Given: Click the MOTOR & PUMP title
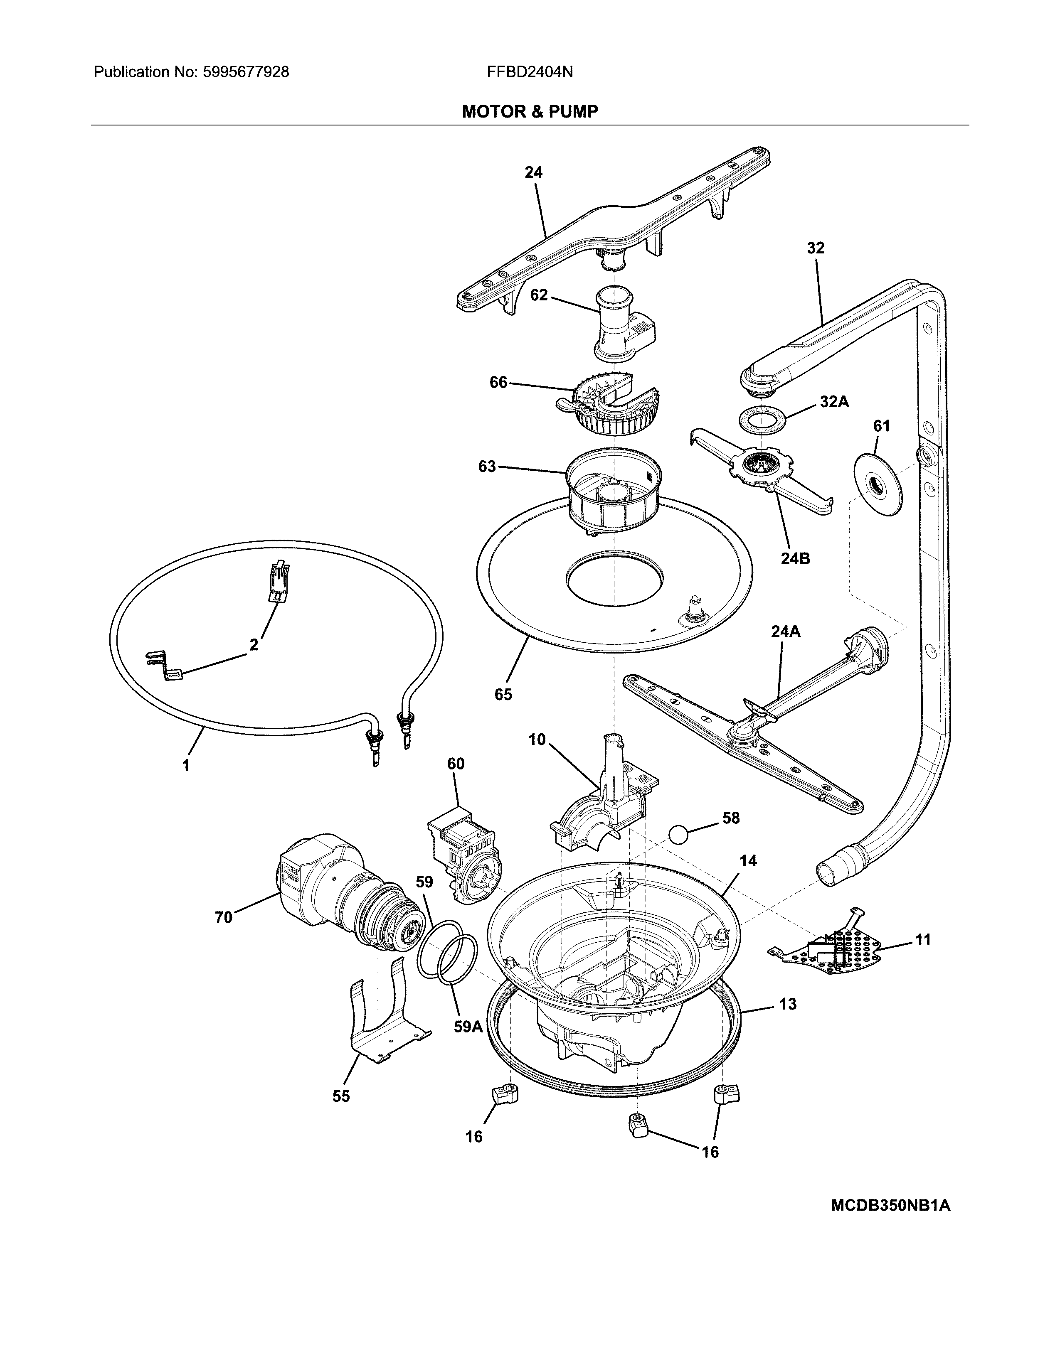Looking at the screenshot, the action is [x=529, y=112].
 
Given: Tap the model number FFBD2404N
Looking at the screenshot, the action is [x=529, y=72].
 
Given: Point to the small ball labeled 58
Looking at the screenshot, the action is [x=679, y=835].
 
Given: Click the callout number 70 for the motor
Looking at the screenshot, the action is [x=224, y=918].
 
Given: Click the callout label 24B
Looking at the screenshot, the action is [x=795, y=558].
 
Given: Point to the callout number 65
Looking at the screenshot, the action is [x=503, y=694].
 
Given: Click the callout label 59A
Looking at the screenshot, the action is [x=468, y=1027].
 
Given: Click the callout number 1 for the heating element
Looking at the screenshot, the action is [x=185, y=765].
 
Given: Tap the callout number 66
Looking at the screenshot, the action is [x=498, y=382].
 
